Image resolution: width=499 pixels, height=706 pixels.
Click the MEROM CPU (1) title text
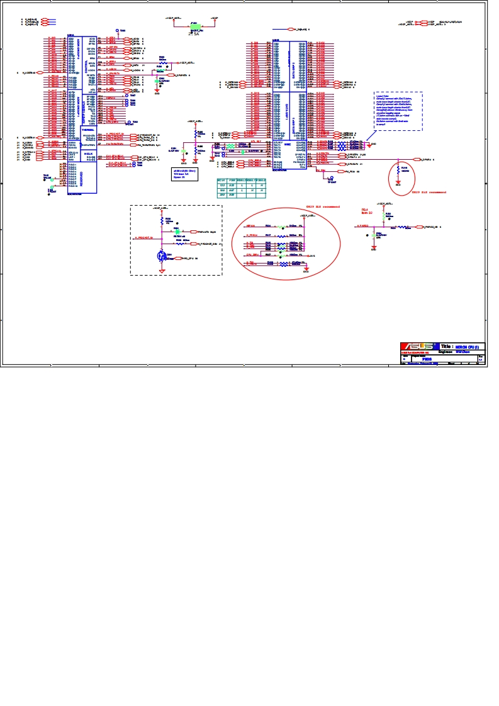469,346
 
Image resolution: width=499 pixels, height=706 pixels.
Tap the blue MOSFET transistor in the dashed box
162,256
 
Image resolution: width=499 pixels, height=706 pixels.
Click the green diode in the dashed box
177,231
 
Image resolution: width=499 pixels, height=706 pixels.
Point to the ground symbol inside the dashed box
162,271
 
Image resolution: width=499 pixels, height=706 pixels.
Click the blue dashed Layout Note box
398,111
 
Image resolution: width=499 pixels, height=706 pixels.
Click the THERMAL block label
87,130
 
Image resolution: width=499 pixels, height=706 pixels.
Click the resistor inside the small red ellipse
398,169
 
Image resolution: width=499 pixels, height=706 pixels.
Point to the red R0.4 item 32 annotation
367,211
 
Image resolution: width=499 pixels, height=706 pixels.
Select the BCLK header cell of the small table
221,181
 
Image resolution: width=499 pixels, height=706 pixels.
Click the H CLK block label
87,153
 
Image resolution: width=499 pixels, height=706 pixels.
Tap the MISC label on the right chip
287,145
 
